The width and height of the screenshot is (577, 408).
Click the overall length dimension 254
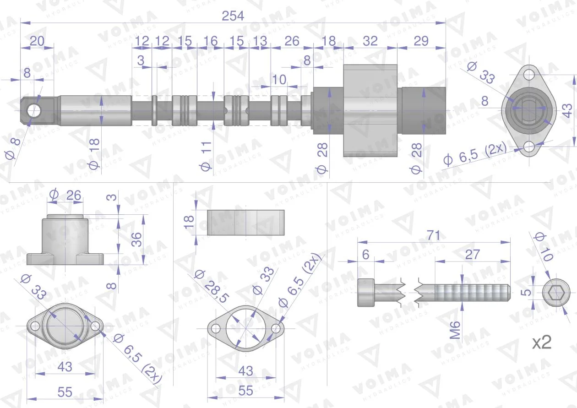point(233,16)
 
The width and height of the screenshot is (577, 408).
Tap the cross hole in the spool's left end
point(34,111)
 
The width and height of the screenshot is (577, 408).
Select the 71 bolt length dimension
point(433,235)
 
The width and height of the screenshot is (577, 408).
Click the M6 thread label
point(455,330)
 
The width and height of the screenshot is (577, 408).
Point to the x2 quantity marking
point(542,343)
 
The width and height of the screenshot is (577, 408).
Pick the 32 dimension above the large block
point(370,41)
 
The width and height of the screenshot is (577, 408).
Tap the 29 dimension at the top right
point(421,41)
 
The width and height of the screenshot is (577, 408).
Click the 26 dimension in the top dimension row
point(292,41)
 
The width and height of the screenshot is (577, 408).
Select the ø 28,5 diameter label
point(211,287)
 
